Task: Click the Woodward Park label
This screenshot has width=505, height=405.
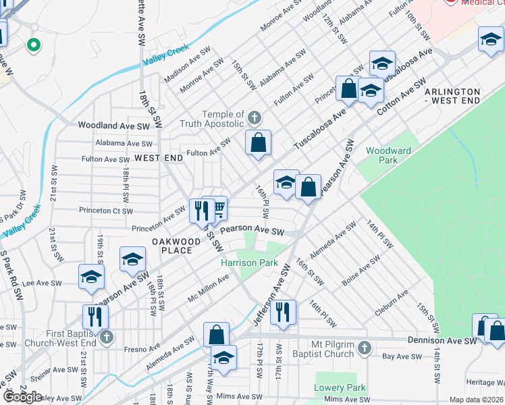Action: pyautogui.click(x=381, y=155)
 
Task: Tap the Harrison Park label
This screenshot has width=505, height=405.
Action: pyautogui.click(x=249, y=262)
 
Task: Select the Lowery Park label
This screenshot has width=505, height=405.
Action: pyautogui.click(x=340, y=388)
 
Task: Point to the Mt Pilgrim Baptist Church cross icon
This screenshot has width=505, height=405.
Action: pyautogui.click(x=364, y=348)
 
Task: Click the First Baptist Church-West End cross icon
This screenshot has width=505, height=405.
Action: pyautogui.click(x=105, y=337)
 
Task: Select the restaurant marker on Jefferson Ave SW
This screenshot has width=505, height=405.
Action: pyautogui.click(x=283, y=312)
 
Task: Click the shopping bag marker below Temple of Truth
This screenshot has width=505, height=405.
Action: pyautogui.click(x=258, y=143)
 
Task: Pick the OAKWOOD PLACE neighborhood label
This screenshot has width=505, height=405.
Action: pyautogui.click(x=177, y=246)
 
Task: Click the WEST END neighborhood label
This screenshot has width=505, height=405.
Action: pyautogui.click(x=159, y=157)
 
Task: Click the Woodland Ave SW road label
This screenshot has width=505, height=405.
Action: pyautogui.click(x=113, y=126)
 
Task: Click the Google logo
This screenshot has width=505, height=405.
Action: pyautogui.click(x=22, y=396)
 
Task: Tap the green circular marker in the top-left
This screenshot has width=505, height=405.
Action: pyautogui.click(x=32, y=45)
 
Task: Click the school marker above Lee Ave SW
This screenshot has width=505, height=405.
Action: pyautogui.click(x=91, y=276)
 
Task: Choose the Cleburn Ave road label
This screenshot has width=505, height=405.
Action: pyautogui.click(x=392, y=304)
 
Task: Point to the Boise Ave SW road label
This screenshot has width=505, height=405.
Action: pyautogui.click(x=361, y=273)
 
